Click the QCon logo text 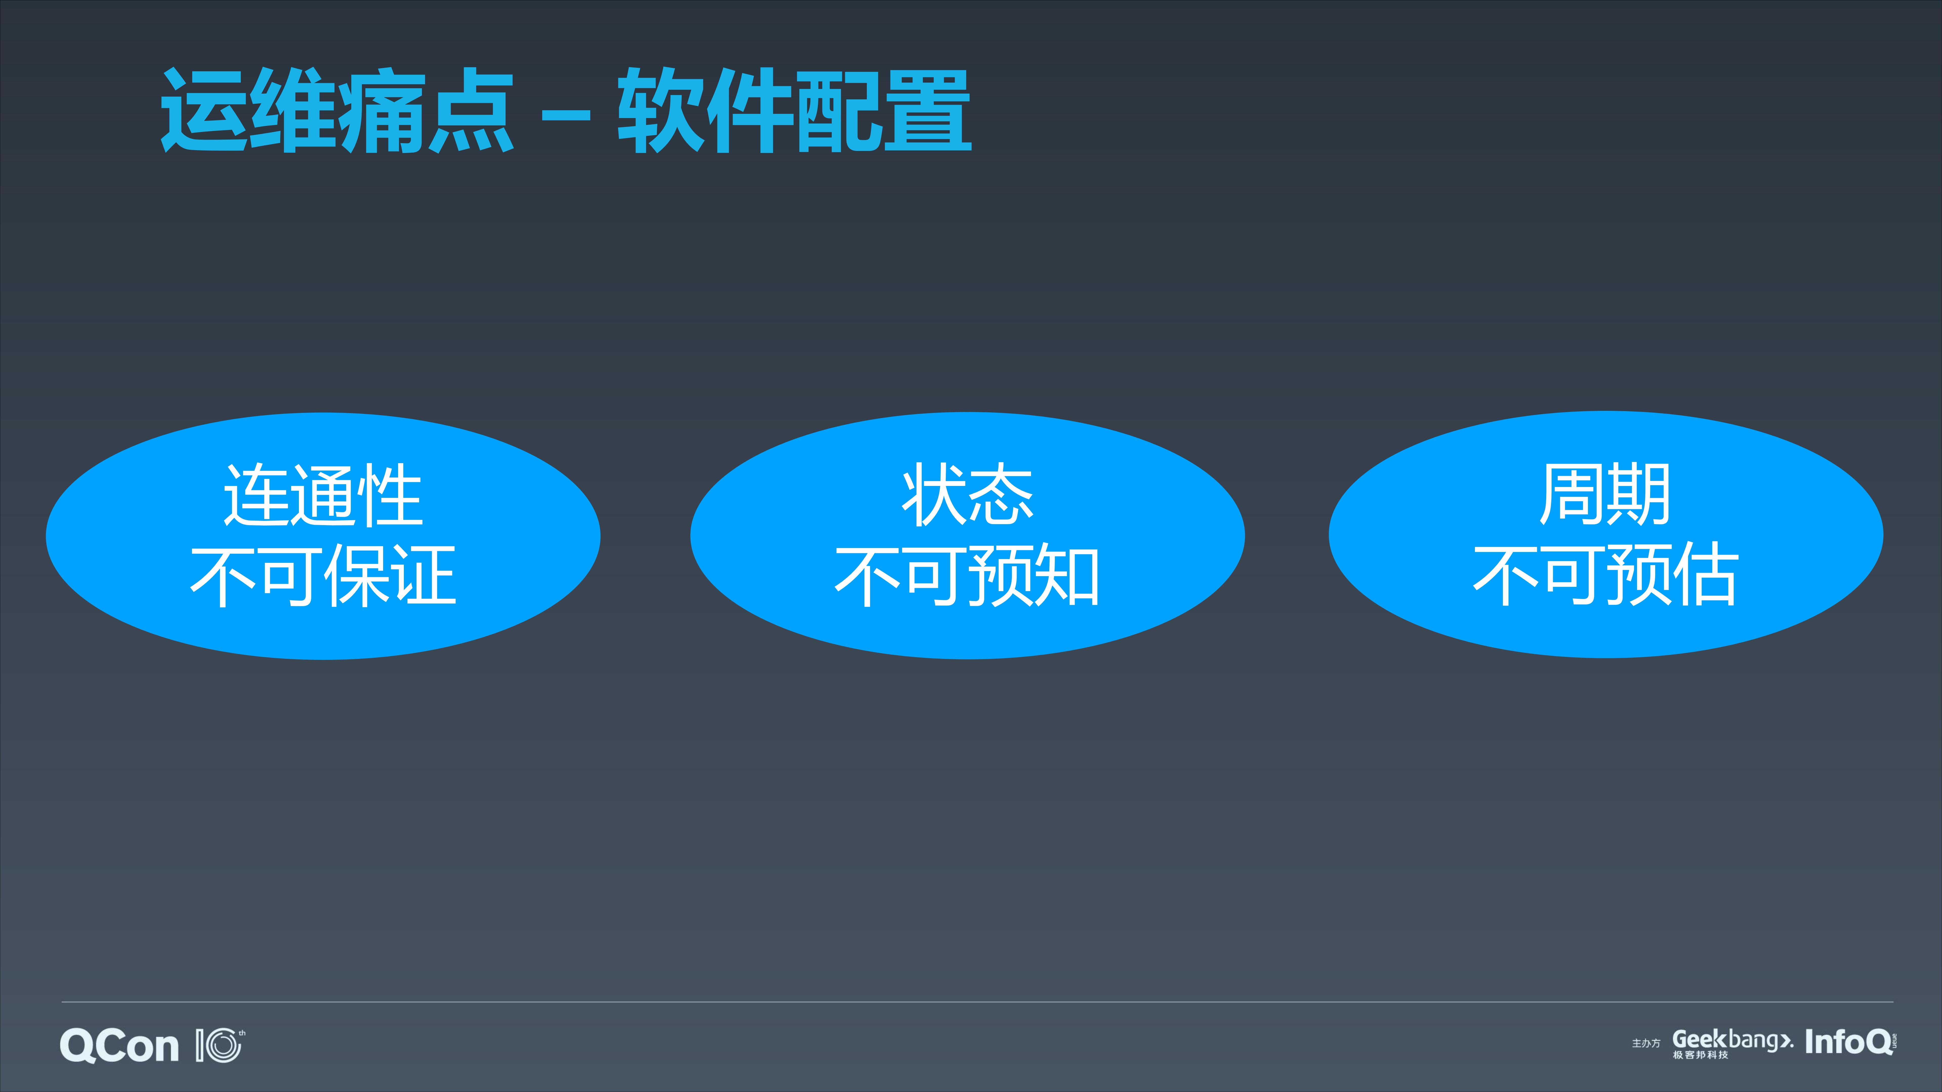[x=119, y=1046]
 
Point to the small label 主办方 [x=1646, y=1044]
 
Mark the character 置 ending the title [x=927, y=111]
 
